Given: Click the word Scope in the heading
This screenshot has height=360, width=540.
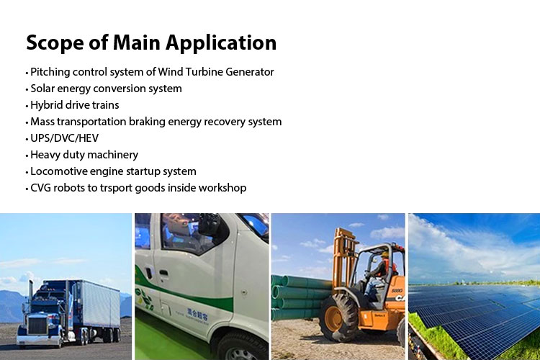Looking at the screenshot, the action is click(x=55, y=43).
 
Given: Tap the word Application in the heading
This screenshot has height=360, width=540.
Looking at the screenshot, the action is click(x=221, y=43).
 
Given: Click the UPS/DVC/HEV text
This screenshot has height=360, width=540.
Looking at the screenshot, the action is click(x=64, y=138).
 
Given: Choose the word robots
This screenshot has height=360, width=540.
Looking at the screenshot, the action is click(x=71, y=188).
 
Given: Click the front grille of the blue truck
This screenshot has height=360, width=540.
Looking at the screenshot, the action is click(x=37, y=325).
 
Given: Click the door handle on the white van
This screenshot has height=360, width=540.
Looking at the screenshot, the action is click(x=164, y=274).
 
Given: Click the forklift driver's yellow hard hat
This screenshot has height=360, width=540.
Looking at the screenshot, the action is click(x=384, y=255).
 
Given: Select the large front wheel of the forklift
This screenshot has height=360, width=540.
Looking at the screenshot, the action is click(x=338, y=318).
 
